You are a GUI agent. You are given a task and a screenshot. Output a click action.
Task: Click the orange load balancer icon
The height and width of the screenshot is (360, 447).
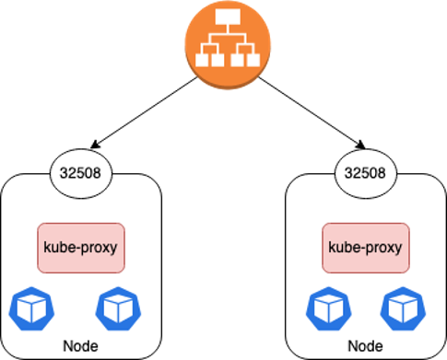224,42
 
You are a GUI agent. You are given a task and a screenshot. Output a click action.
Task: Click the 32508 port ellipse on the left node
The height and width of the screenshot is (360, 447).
81,172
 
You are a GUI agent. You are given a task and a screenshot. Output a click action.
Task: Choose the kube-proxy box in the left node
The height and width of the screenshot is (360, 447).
81,248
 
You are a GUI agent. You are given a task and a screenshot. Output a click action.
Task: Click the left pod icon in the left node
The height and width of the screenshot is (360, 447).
29,308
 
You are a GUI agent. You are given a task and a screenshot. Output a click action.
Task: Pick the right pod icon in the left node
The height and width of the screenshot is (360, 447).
116,308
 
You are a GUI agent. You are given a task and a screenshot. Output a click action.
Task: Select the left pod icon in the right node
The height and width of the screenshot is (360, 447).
325,308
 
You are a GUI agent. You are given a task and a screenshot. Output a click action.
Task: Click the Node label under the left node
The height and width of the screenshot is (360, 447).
80,347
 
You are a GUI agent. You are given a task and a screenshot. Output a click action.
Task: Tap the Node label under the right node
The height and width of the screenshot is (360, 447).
366,347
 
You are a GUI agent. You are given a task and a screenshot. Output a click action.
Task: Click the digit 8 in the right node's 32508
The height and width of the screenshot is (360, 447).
382,172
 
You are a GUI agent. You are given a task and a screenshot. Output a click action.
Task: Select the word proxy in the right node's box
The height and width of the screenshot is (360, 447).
380,249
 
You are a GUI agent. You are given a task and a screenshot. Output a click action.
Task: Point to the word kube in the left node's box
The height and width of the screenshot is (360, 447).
62,248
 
